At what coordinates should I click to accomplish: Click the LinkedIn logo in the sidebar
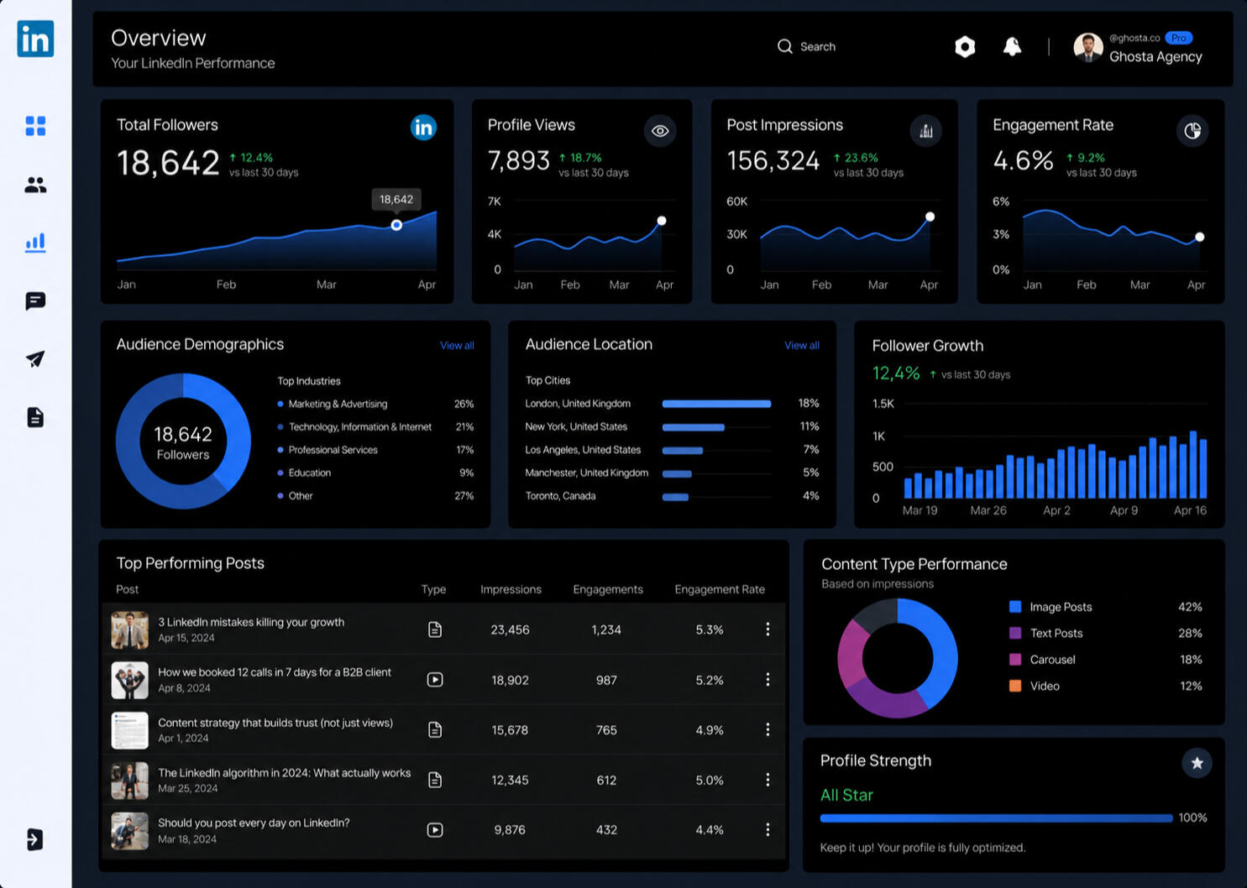pos(35,39)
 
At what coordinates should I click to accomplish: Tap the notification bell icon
pos(1012,47)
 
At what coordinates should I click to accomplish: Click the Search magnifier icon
pos(785,46)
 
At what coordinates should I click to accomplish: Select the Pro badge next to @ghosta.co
pos(1178,38)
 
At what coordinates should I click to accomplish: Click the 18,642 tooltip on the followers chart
pos(396,199)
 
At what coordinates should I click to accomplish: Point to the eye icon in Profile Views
pos(660,131)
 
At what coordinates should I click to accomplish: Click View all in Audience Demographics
pos(457,346)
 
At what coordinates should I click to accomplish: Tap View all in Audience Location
pos(802,346)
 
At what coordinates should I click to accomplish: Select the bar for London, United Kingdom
pos(716,404)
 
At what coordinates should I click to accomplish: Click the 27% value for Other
pos(464,496)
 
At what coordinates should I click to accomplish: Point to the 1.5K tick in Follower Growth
pos(883,404)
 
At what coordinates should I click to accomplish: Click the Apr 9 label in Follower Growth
pos(1124,510)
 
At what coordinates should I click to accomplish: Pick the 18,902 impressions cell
pos(510,680)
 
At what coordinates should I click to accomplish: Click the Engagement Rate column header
pos(720,589)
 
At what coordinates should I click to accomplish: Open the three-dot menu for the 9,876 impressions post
pos(768,829)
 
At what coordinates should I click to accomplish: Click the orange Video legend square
pos(1015,686)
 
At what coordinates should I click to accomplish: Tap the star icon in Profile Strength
pos(1197,763)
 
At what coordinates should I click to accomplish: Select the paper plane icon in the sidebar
pos(35,359)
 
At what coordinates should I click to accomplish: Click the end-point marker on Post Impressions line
pos(930,217)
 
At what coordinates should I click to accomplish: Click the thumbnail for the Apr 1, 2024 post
pos(129,730)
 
